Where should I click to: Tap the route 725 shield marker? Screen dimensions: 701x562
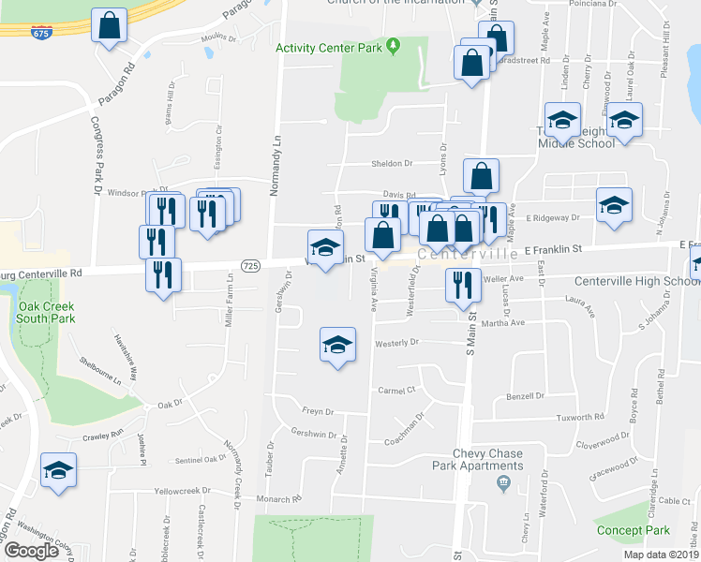pos(249,267)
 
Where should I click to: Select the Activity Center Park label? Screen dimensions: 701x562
pos(331,47)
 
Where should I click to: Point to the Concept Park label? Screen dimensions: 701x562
pos(633,530)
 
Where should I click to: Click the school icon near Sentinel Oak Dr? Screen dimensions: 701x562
pos(59,470)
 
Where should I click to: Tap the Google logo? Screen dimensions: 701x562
pos(31,551)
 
